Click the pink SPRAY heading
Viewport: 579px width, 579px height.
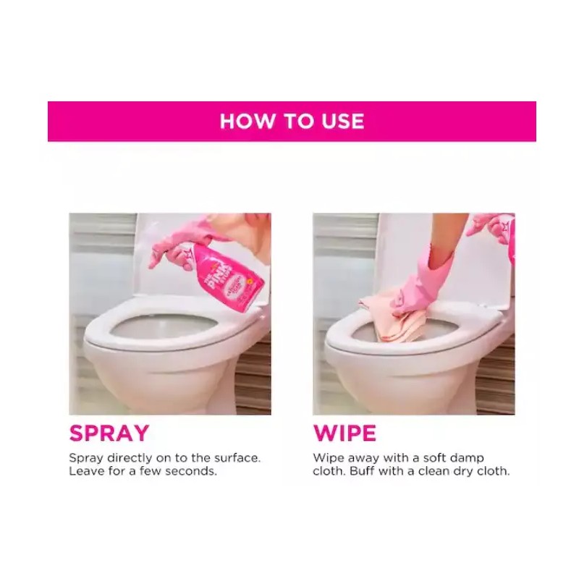[x=109, y=433]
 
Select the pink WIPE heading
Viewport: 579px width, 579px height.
[x=345, y=433]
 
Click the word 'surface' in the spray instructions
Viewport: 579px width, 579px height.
[x=237, y=458]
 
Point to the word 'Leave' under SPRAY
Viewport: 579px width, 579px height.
[x=85, y=471]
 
